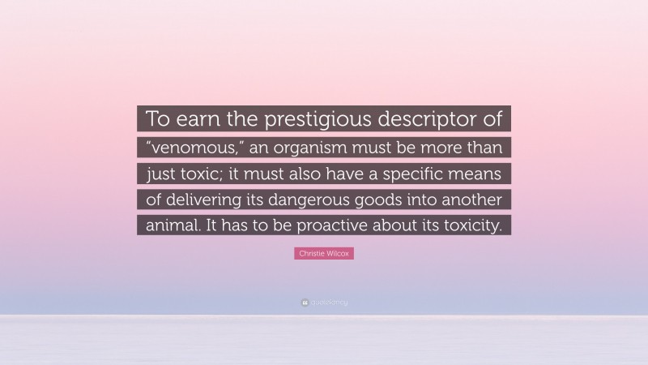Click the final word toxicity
click(x=470, y=227)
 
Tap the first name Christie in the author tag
click(x=311, y=254)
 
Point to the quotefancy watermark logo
click(x=324, y=302)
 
